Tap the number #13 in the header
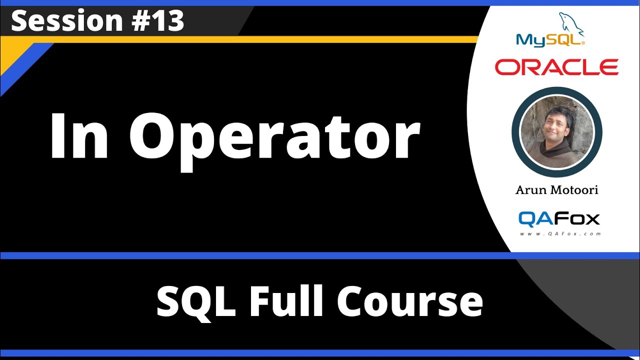coord(159,21)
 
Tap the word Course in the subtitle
coord(410,302)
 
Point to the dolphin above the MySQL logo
coord(571,22)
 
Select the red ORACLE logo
coord(556,66)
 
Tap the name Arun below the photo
coord(531,190)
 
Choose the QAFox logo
coord(559,218)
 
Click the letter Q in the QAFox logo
coord(527,218)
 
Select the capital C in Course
coord(352,302)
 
